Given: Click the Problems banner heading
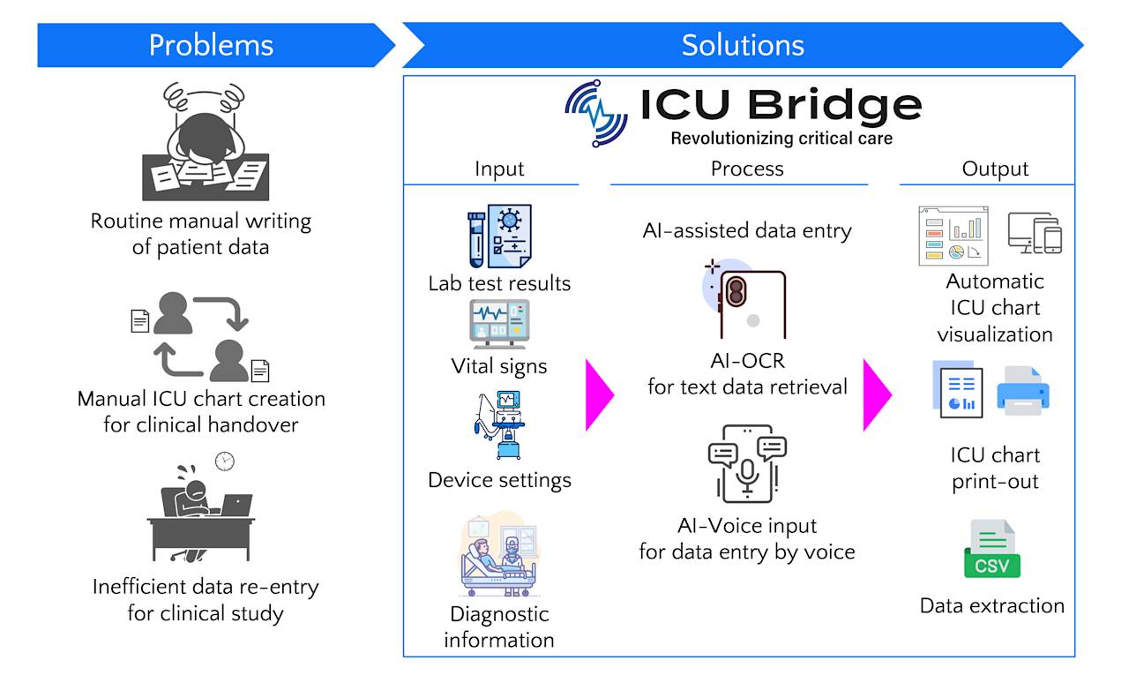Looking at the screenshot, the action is pos(211,45).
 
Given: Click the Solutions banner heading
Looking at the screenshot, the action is pos(743,45).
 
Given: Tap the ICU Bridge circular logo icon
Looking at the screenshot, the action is pos(596,114).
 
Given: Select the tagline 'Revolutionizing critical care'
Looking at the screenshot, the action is pos(781,139).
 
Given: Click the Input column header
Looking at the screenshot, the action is pos(499,169).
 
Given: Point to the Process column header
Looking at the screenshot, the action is pos(747,169).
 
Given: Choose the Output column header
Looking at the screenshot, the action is pos(995,169).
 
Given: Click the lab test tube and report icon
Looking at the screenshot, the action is pos(499,236).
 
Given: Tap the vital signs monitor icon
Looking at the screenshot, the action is pos(499,324).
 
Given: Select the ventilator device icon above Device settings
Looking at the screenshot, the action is pos(499,424).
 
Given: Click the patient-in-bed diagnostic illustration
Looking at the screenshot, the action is pos(499,554).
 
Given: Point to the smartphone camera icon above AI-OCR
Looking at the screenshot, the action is pos(744,298).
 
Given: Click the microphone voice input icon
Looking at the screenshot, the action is pos(747,463).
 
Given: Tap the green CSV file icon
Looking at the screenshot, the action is pos(992,549).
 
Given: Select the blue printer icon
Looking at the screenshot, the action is pos(1022,391).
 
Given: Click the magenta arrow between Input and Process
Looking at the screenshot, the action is pos(599,395).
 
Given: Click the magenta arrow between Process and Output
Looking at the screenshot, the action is pos(877,395).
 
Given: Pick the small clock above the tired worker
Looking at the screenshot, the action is pos(225,462).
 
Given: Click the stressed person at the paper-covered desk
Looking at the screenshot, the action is pos(206,141).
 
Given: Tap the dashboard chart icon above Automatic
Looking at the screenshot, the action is pos(953,236).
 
